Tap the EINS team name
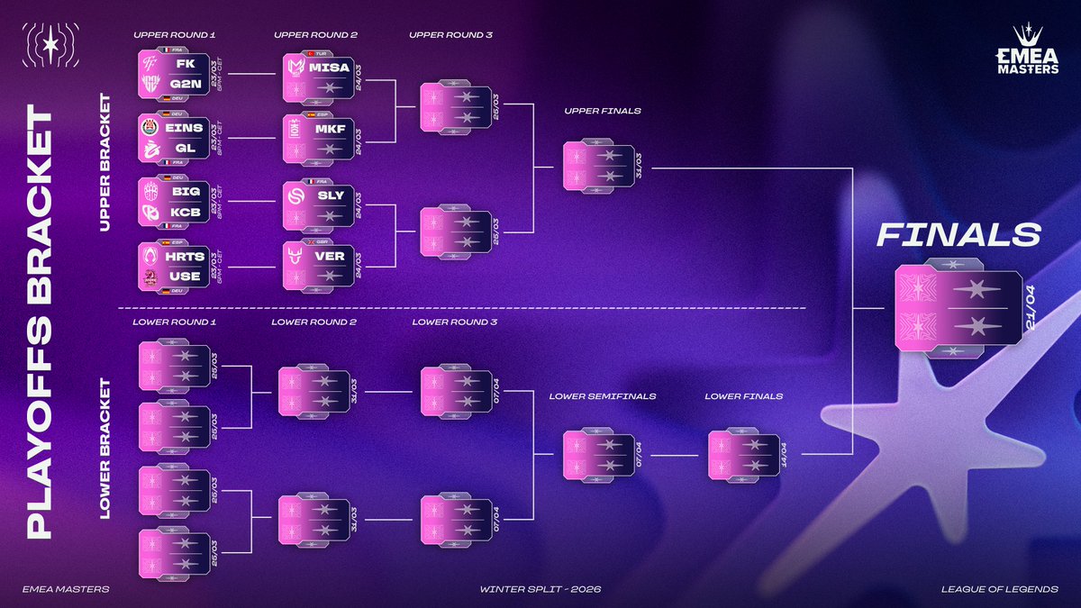[183, 129]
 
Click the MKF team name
[330, 131]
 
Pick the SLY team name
[330, 195]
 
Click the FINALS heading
[958, 236]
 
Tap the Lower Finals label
[743, 395]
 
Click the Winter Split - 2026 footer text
[540, 590]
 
